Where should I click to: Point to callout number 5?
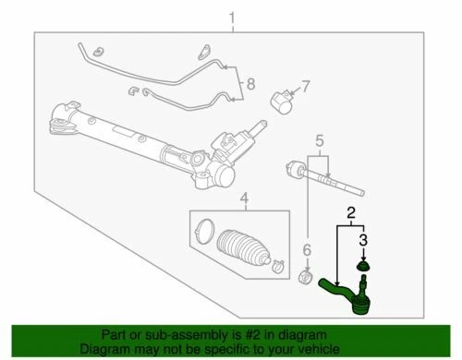(319, 142)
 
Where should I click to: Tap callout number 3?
(364, 241)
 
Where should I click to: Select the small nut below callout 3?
(364, 268)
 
